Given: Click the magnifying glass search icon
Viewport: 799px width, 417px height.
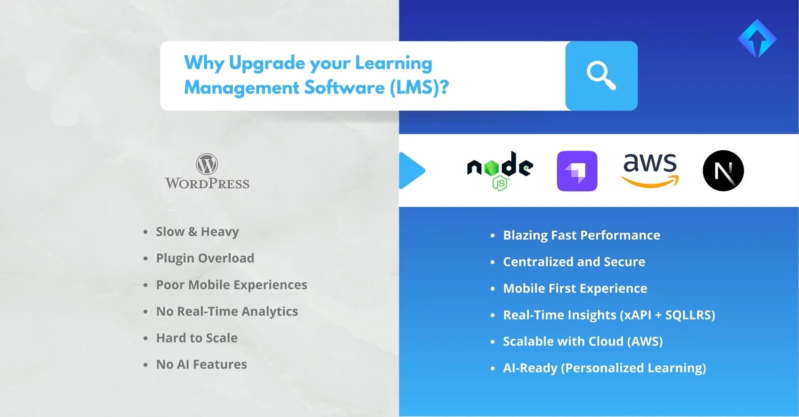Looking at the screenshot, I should [x=601, y=76].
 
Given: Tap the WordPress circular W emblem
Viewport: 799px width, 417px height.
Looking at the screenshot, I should [x=207, y=164].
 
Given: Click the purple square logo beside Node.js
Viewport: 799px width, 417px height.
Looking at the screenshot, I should [x=577, y=171].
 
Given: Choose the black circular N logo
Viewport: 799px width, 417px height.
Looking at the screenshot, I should [x=723, y=171].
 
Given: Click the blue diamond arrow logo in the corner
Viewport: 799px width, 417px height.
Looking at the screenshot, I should [x=757, y=39].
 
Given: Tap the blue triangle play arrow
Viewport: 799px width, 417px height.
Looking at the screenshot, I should [x=411, y=171].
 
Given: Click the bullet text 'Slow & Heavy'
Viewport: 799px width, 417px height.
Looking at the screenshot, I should [x=197, y=232].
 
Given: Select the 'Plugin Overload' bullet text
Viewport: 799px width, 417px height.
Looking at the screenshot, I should [x=205, y=258].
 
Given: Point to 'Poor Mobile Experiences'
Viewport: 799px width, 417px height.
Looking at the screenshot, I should [x=231, y=285].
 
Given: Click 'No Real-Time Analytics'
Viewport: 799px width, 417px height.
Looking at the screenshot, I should [x=227, y=311].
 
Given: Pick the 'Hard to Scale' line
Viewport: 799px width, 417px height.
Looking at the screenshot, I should [x=197, y=338].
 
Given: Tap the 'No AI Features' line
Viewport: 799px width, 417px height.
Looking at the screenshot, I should [x=201, y=365].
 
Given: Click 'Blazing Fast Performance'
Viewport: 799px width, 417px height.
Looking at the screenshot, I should [x=581, y=235].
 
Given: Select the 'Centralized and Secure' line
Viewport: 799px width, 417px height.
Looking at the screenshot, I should [x=574, y=262].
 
